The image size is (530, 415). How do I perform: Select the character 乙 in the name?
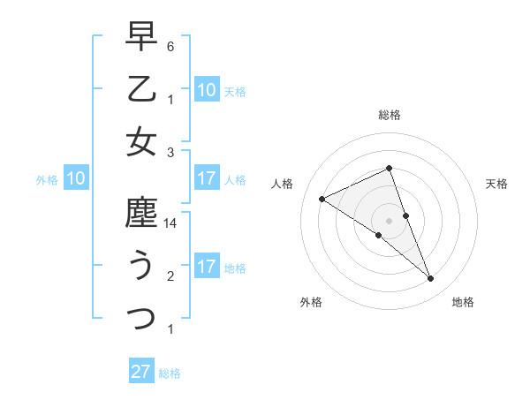tap(141, 89)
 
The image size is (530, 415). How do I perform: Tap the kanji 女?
tap(141, 141)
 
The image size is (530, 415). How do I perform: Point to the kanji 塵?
tap(141, 215)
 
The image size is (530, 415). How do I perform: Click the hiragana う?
tap(141, 266)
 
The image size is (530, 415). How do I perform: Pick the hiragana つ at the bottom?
tap(141, 317)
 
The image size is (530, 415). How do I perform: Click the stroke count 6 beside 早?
tap(170, 45)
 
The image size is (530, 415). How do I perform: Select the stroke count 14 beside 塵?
tap(170, 224)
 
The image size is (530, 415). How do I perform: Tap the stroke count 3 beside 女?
tap(170, 152)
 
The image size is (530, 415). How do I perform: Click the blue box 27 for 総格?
tap(141, 372)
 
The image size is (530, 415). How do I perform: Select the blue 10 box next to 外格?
tap(76, 179)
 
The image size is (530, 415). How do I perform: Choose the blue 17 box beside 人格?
tap(206, 179)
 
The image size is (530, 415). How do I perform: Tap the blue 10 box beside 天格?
tap(206, 89)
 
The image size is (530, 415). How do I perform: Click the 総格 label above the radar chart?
tap(390, 116)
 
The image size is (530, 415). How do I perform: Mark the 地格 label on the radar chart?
tap(463, 303)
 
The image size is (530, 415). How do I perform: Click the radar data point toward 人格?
tap(322, 200)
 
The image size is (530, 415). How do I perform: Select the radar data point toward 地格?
tap(430, 279)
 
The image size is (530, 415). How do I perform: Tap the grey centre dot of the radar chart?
tap(390, 220)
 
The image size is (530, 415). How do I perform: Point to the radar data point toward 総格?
tap(390, 169)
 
